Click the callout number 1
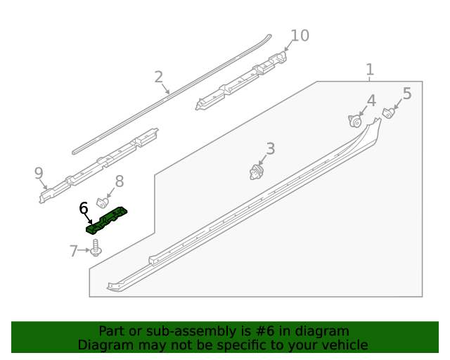[370, 70]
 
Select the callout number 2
[159, 77]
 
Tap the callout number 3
[270, 148]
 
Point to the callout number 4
[371, 101]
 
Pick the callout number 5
[407, 94]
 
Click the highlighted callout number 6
[84, 207]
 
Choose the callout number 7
[73, 251]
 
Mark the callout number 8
[119, 181]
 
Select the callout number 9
[39, 172]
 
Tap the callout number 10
[300, 35]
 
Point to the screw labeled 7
[96, 247]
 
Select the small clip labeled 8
[101, 202]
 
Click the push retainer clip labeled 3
[257, 171]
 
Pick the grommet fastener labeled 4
[355, 121]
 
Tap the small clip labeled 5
[387, 112]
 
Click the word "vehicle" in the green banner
[343, 345]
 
